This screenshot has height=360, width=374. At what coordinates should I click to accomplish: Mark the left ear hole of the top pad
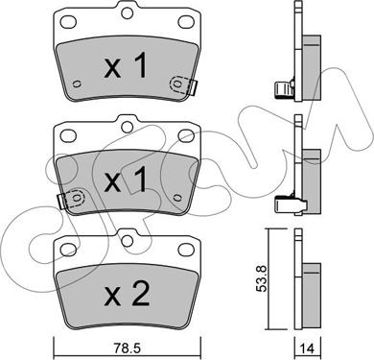click(68, 26)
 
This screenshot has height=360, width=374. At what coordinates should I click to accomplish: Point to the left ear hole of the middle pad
click(68, 135)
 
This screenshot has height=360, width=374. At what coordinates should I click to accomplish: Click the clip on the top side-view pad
click(282, 92)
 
